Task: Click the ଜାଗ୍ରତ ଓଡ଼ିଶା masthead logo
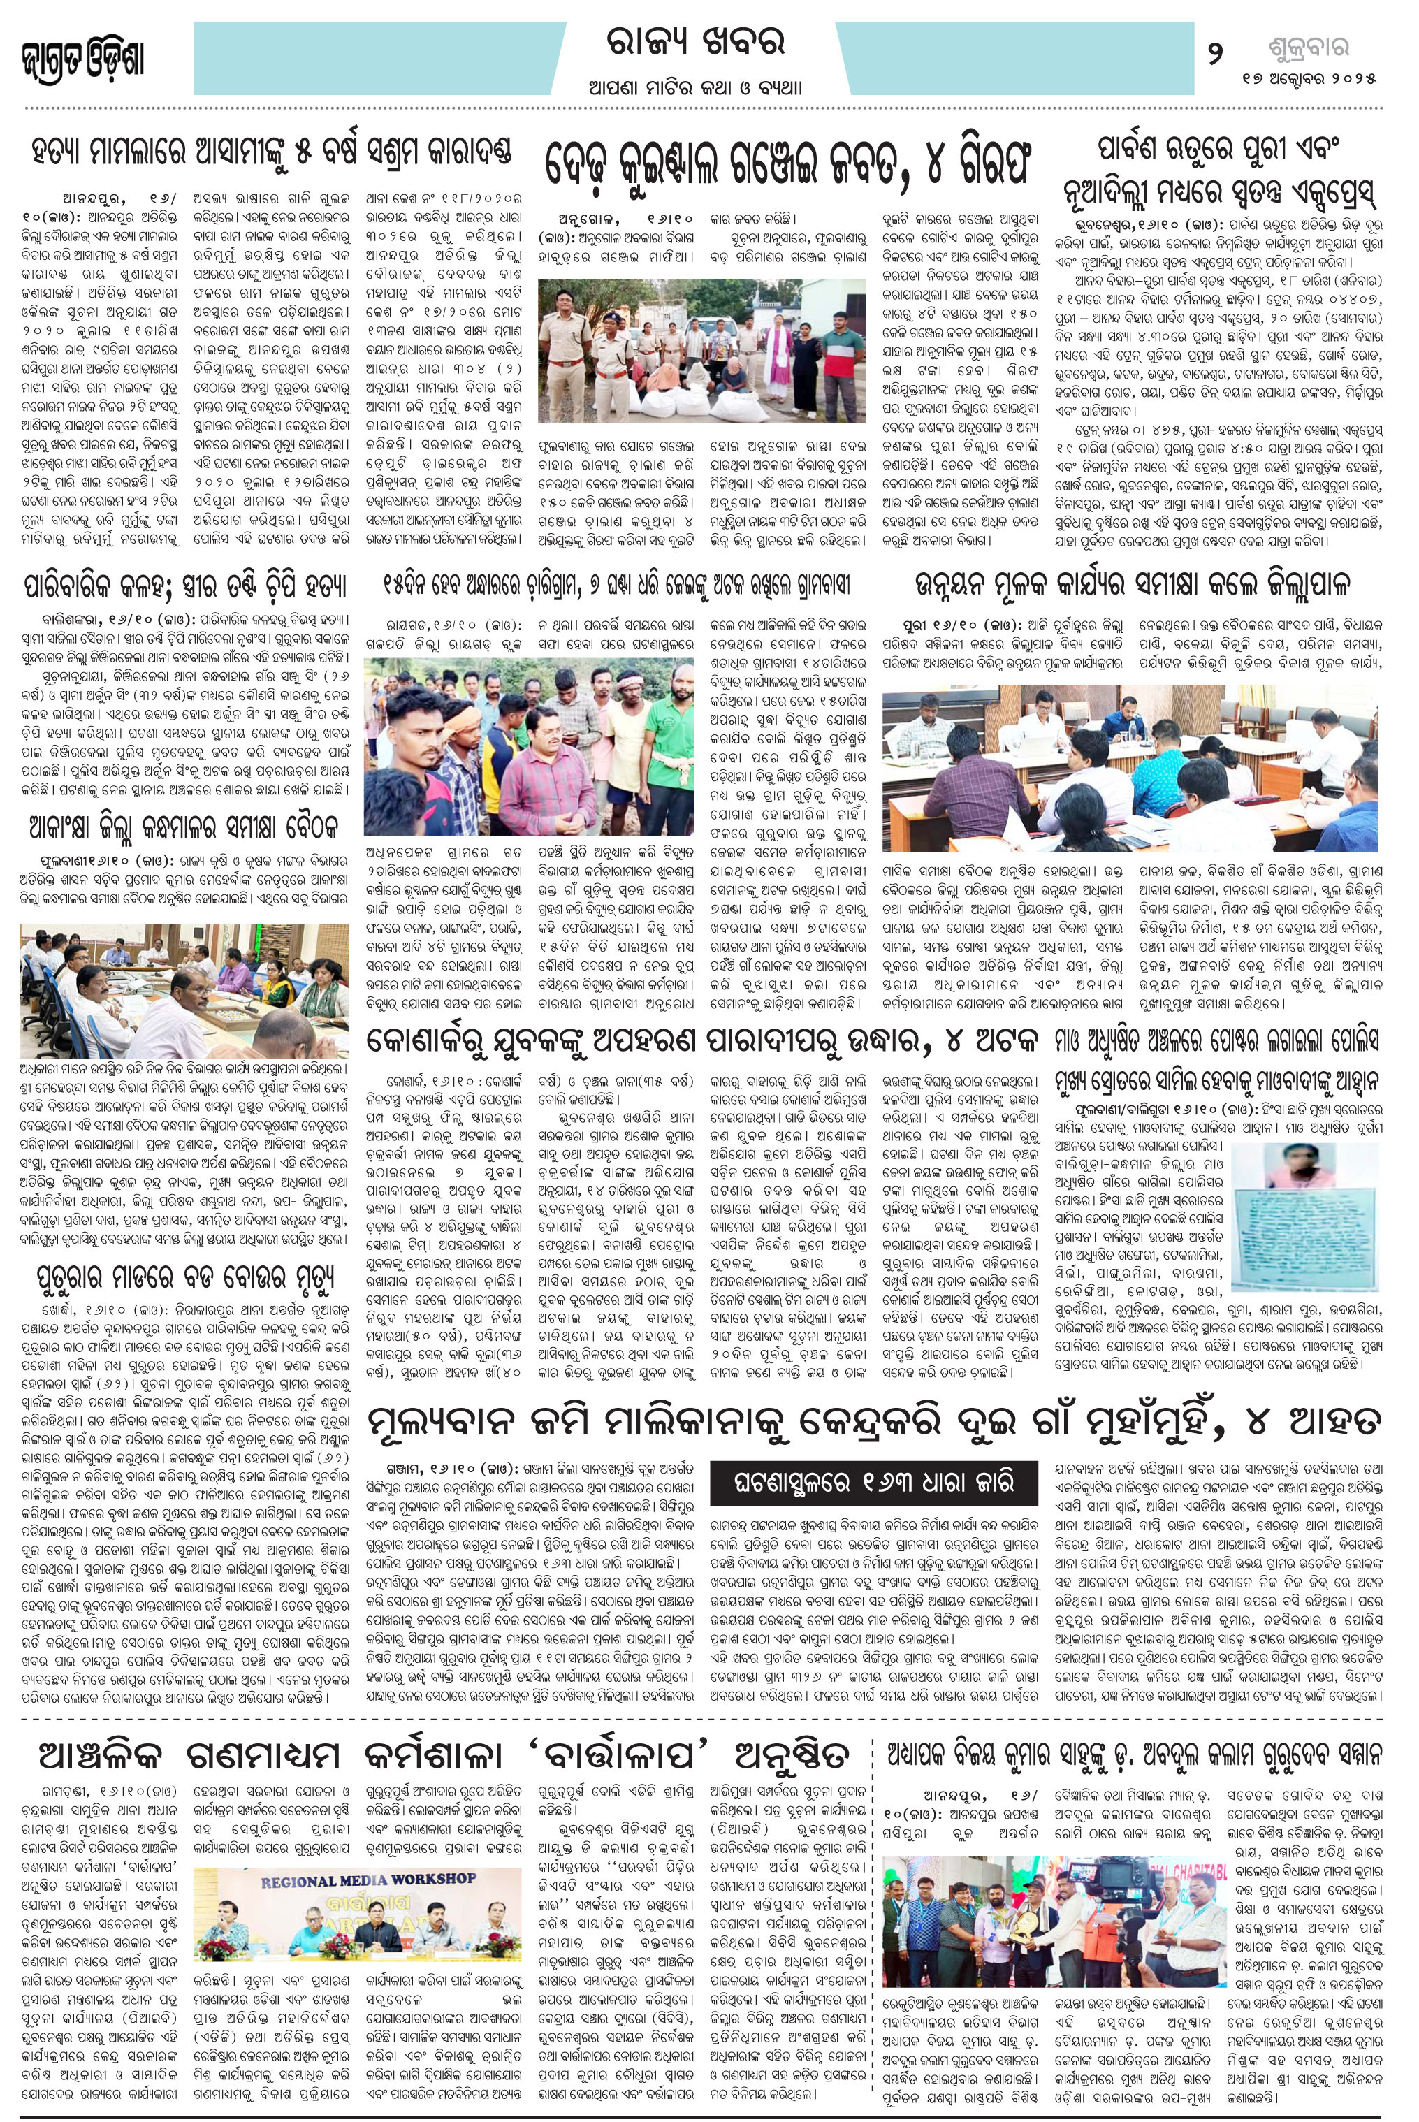pyautogui.click(x=82, y=59)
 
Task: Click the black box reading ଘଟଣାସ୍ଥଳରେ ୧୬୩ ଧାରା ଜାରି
pyautogui.click(x=876, y=1481)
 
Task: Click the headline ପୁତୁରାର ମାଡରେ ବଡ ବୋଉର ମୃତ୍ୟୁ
pyautogui.click(x=180, y=1281)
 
